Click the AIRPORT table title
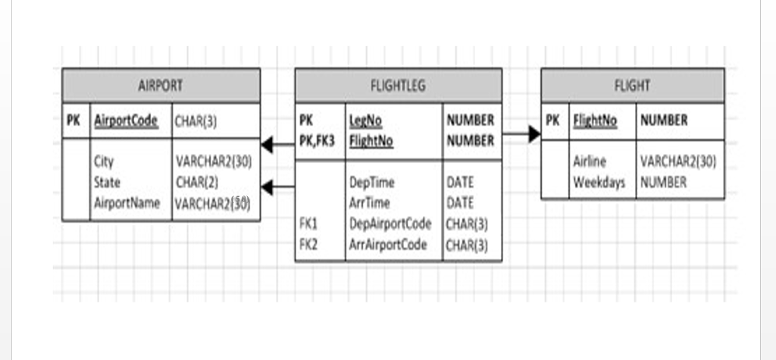coord(161,86)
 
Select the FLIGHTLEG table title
coord(398,86)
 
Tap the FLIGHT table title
coord(632,86)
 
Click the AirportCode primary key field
coord(126,121)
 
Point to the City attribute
coord(104,161)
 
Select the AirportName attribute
coord(127,203)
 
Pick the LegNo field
coord(366,121)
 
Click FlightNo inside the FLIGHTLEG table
coord(371,141)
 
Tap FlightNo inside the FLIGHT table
coord(595,121)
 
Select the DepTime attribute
coord(371,183)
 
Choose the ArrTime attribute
coord(370,203)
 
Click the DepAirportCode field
coord(390,224)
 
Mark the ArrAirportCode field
coord(389,244)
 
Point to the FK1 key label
coord(309,224)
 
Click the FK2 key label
coord(309,244)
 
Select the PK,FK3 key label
coord(317,141)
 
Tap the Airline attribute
coord(590,161)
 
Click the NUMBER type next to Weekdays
coord(663,182)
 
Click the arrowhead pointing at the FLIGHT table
coord(534,134)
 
